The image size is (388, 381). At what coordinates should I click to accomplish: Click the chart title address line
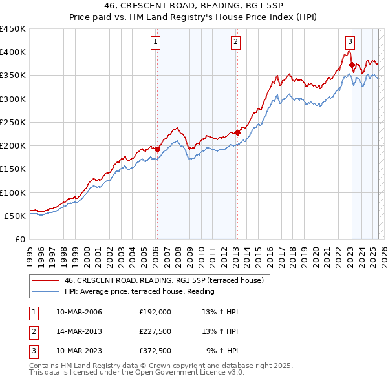coord(193,6)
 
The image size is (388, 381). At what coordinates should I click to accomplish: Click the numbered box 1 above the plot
coord(156,42)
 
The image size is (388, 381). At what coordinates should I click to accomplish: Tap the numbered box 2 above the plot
coord(236,42)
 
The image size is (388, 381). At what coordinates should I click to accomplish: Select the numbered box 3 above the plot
coord(350,42)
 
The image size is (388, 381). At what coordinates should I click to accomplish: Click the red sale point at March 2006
coord(157,149)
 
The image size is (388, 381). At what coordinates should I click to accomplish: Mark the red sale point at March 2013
coord(237,132)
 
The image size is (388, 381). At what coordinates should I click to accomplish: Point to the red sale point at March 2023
coord(352,65)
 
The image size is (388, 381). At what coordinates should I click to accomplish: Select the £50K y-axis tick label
coord(16,216)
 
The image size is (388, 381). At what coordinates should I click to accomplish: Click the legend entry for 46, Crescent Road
coord(164,281)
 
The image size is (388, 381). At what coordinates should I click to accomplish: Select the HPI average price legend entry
coord(139,291)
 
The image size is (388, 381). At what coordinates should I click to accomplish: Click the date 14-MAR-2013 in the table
coord(79,331)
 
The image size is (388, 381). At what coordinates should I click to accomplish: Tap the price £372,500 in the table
coord(155,351)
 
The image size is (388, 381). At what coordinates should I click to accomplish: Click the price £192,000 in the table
coord(155,311)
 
